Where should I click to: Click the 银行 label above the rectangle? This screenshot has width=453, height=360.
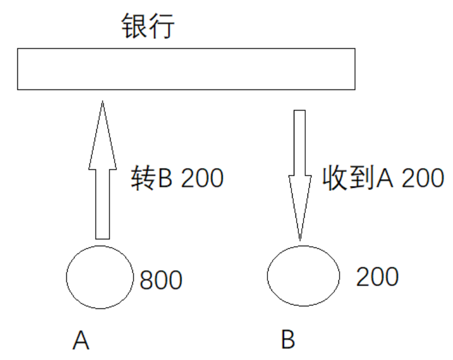pos(148,27)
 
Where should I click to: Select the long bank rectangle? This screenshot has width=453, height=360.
pos(186,69)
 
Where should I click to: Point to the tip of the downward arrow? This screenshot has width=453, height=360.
pos(299,238)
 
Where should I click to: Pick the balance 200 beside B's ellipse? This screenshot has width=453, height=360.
pos(377,277)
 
